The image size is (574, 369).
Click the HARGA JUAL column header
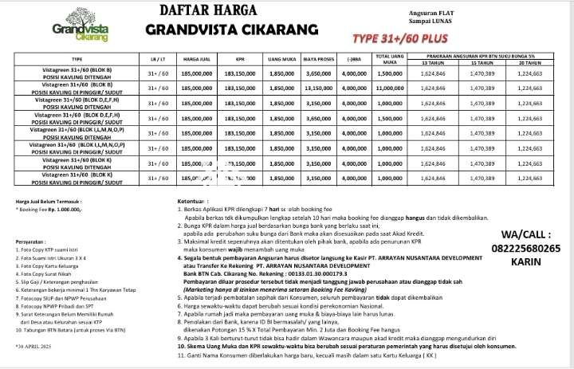click(196, 59)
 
